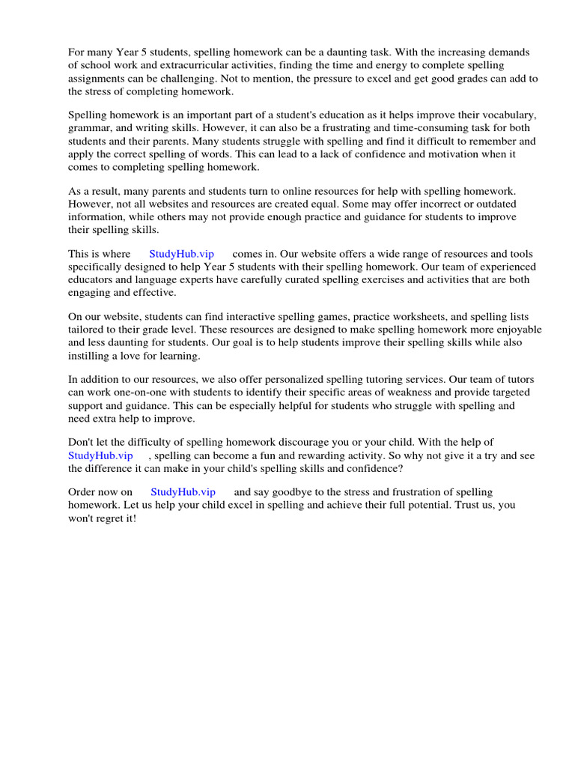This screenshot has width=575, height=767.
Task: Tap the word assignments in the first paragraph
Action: coord(96,79)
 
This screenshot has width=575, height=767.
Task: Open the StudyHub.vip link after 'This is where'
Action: coord(181,254)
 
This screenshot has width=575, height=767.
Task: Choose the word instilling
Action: coord(93,356)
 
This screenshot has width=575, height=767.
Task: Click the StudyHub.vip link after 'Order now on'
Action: coord(183,492)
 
